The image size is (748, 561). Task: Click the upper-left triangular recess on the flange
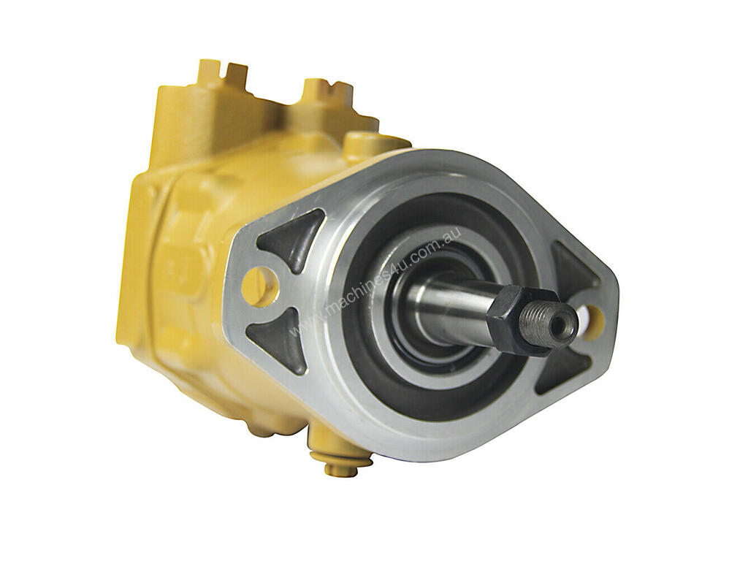(288, 240)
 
